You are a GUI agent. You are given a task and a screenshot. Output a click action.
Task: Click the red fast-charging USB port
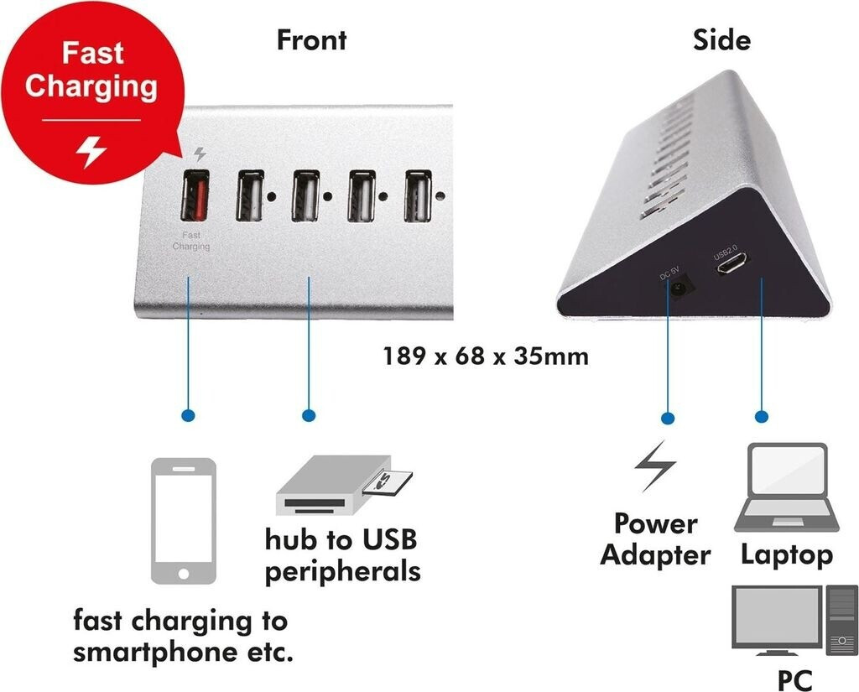[x=195, y=196]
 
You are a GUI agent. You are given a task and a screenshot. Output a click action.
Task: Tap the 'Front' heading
[x=311, y=39]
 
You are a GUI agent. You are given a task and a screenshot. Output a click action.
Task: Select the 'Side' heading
[x=721, y=39]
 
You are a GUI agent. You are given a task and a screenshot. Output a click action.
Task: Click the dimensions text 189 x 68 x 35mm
[x=486, y=356]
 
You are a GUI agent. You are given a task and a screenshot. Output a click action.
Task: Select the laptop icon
[x=786, y=488]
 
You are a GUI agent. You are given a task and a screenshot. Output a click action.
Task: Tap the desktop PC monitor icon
[x=775, y=617]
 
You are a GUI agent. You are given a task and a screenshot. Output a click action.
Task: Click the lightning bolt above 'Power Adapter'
[x=654, y=466]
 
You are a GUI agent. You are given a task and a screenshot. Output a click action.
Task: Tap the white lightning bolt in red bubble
[x=91, y=152]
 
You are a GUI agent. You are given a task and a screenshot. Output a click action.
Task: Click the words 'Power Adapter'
[x=655, y=539]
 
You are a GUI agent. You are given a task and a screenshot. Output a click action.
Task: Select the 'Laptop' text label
[x=786, y=554]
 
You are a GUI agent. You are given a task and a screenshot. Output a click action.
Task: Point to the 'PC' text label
[x=794, y=678]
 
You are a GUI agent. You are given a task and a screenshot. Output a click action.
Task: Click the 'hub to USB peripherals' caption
[x=342, y=554]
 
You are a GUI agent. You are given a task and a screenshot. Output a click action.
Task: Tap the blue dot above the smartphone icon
[x=188, y=415]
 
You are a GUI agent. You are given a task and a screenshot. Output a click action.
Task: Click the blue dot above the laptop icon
[x=762, y=416]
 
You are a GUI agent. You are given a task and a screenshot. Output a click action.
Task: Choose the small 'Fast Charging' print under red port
[x=191, y=242]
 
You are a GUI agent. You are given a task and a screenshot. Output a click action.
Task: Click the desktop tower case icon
[x=841, y=619]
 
